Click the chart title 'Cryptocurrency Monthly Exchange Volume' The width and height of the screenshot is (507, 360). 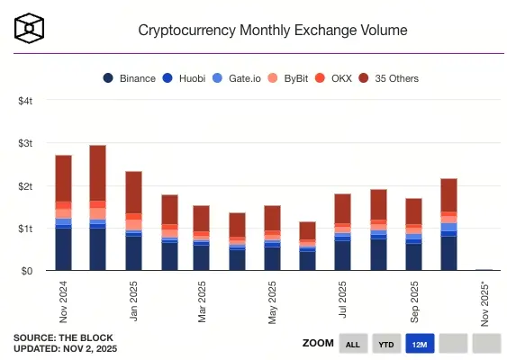click(272, 30)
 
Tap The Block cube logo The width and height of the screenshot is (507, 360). click(30, 28)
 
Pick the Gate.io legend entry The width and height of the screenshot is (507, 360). click(236, 78)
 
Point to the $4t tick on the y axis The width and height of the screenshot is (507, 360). click(25, 101)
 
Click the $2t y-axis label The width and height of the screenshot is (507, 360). click(25, 185)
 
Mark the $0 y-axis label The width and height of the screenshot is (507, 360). click(27, 270)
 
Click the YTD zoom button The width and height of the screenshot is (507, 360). click(385, 343)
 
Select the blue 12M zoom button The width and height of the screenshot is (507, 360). click(420, 343)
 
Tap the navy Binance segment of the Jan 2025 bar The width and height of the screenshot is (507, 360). click(133, 252)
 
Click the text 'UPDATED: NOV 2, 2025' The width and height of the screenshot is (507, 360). click(65, 348)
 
